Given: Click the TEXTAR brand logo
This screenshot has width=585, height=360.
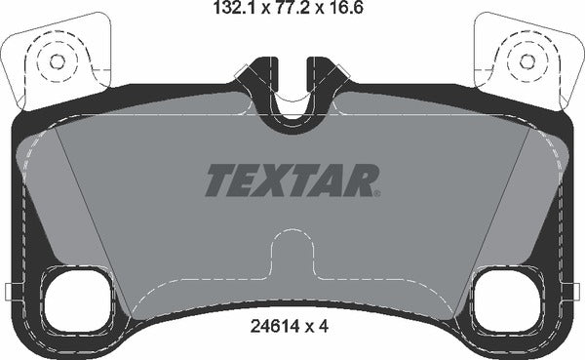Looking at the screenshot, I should [292, 180].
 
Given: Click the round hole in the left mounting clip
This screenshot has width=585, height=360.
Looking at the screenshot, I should [56, 61].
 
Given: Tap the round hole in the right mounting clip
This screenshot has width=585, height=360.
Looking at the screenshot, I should [527, 61].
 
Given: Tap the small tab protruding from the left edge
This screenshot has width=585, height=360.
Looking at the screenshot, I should [7, 290].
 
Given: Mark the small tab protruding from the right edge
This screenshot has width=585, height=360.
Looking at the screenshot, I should [577, 290].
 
